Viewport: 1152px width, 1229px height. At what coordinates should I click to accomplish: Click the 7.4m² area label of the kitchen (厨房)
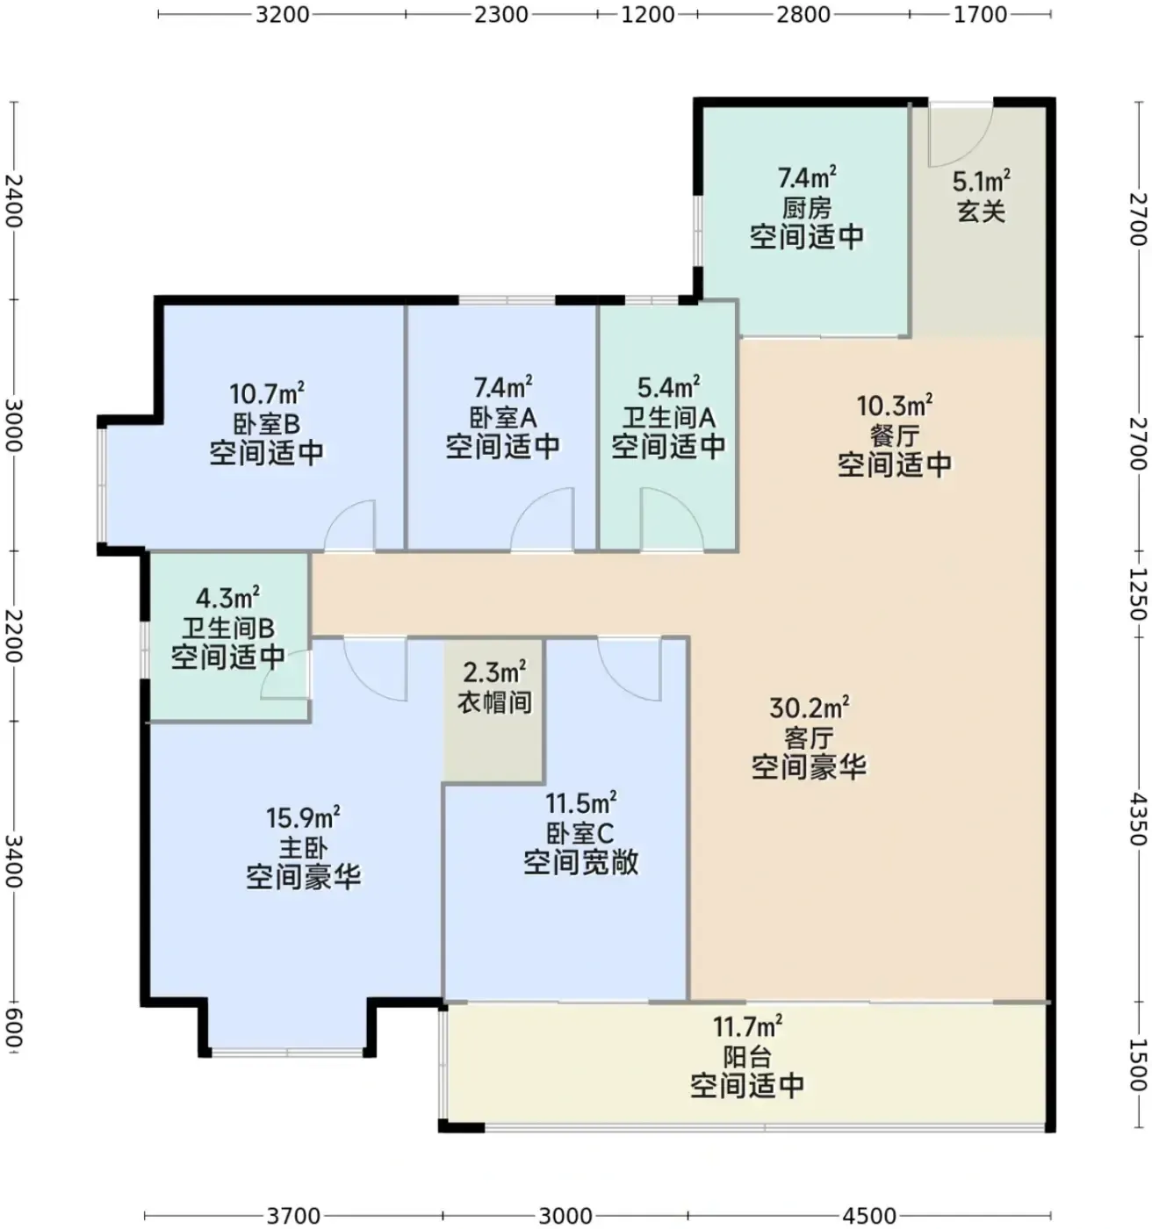[807, 177]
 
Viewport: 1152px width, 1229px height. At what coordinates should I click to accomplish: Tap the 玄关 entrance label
[981, 212]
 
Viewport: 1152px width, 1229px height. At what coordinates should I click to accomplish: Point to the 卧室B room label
[266, 424]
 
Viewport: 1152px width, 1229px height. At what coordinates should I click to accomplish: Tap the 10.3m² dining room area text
[895, 406]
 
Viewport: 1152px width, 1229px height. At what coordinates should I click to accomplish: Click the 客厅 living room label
[809, 737]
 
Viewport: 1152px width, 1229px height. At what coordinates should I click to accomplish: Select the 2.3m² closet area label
[494, 672]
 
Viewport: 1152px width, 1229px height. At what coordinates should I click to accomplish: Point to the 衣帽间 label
[494, 702]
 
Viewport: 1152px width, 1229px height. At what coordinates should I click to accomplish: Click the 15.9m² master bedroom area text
[303, 817]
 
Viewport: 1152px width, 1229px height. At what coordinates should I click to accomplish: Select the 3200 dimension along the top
[282, 14]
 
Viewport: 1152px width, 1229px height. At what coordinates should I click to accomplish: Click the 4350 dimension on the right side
[1138, 819]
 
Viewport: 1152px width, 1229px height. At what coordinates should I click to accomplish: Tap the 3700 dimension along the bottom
[293, 1215]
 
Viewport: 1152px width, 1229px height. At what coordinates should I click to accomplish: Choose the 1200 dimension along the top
[647, 14]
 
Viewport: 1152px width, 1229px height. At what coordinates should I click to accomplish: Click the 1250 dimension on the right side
[1138, 594]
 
